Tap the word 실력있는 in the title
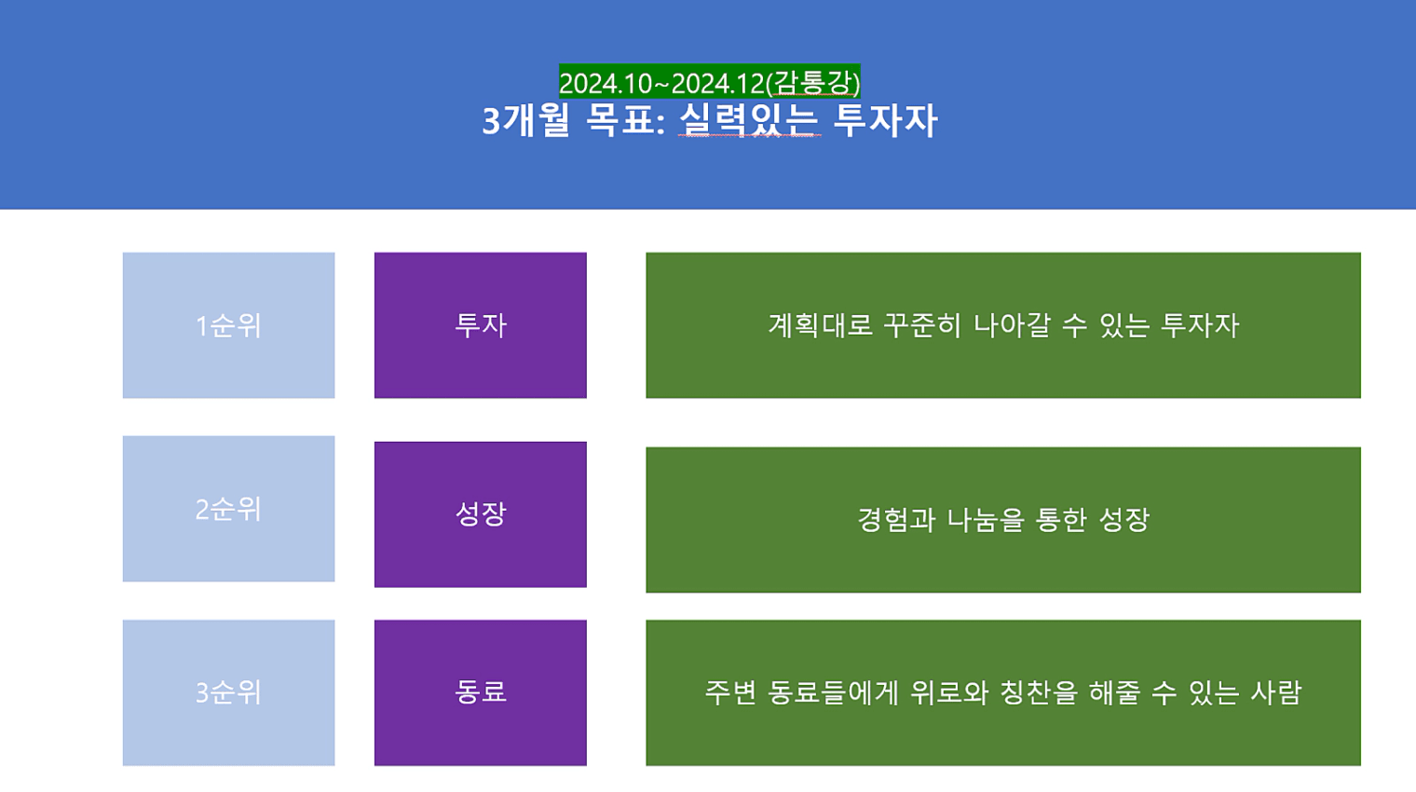click(750, 119)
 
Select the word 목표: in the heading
click(626, 119)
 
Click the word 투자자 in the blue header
click(885, 119)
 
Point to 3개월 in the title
click(526, 119)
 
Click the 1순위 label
click(228, 325)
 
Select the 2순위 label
click(228, 509)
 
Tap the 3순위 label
click(228, 692)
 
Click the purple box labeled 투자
click(481, 325)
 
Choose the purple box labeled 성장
click(481, 514)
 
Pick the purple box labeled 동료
click(481, 692)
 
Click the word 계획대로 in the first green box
click(821, 325)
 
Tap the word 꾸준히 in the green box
click(921, 325)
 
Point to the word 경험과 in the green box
click(896, 520)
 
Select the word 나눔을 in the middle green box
click(986, 520)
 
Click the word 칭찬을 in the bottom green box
click(1039, 692)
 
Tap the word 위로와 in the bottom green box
click(949, 692)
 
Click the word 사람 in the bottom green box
click(1276, 692)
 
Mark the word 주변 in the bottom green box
click(730, 692)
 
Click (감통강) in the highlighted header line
click(813, 84)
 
